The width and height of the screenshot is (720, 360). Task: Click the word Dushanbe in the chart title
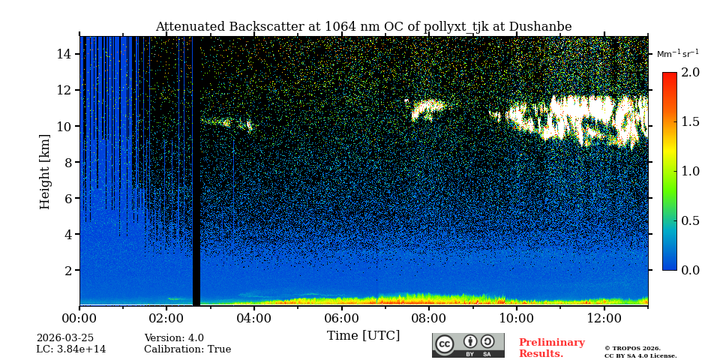click(540, 27)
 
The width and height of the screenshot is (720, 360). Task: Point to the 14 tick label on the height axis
click(63, 54)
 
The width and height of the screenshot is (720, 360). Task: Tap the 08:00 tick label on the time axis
click(429, 319)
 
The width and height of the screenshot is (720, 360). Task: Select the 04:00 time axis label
click(253, 319)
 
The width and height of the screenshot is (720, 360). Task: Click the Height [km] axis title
click(45, 171)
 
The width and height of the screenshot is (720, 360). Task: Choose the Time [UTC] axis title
click(363, 336)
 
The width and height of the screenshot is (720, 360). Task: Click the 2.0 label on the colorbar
click(690, 73)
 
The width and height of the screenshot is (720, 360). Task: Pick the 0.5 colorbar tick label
click(690, 220)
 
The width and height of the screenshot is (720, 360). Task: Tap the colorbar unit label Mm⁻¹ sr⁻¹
click(677, 54)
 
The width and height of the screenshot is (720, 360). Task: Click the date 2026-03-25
click(65, 338)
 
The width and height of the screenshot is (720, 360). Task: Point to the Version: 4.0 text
click(174, 338)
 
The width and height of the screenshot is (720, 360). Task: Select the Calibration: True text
click(187, 349)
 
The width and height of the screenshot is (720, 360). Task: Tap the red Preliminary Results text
click(551, 348)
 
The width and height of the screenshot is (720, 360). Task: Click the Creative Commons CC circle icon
click(445, 344)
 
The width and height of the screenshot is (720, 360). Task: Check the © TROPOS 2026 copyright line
click(632, 348)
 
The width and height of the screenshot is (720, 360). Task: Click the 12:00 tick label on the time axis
click(604, 319)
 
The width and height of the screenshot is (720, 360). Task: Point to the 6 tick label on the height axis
click(67, 198)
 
